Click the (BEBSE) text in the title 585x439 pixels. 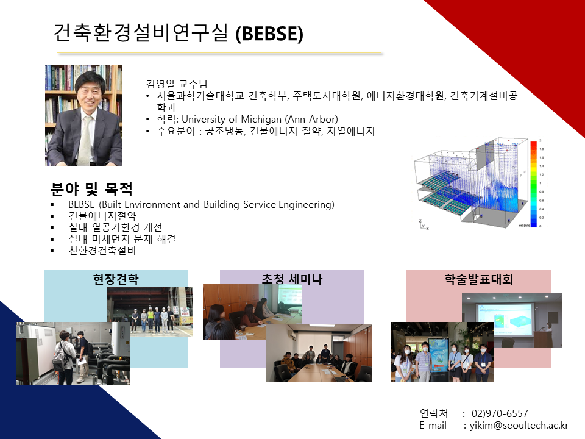[269, 34]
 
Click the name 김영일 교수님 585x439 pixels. [177, 84]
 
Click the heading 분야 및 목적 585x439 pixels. [91, 189]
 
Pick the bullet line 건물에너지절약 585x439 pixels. [102, 216]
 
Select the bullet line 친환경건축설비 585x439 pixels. [102, 251]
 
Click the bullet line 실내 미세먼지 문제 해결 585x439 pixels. [122, 239]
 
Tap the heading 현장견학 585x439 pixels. [116, 279]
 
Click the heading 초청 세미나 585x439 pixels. [292, 279]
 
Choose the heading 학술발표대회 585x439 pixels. [479, 279]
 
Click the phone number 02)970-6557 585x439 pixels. [500, 413]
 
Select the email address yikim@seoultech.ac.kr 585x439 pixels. [519, 426]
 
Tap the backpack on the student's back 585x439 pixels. [59, 359]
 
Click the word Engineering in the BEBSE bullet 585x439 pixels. [307, 205]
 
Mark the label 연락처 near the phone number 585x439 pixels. [433, 413]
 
